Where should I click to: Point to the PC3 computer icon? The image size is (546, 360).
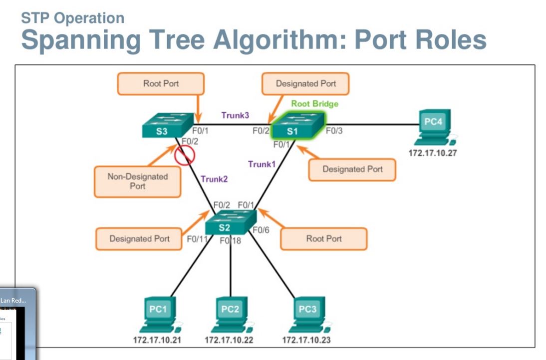307,315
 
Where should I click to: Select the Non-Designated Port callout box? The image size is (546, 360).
137,181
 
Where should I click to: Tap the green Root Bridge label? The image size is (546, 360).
314,104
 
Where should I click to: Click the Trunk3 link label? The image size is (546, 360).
235,115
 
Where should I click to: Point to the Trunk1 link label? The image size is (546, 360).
262,164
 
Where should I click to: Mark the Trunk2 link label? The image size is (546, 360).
215,178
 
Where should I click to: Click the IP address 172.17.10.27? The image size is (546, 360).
432,153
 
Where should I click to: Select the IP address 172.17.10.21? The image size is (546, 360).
157,340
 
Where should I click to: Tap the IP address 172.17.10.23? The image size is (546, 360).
306,340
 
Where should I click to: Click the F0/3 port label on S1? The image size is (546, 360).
334,131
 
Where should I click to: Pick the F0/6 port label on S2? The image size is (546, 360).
261,230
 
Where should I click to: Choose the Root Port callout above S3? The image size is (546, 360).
161,83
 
